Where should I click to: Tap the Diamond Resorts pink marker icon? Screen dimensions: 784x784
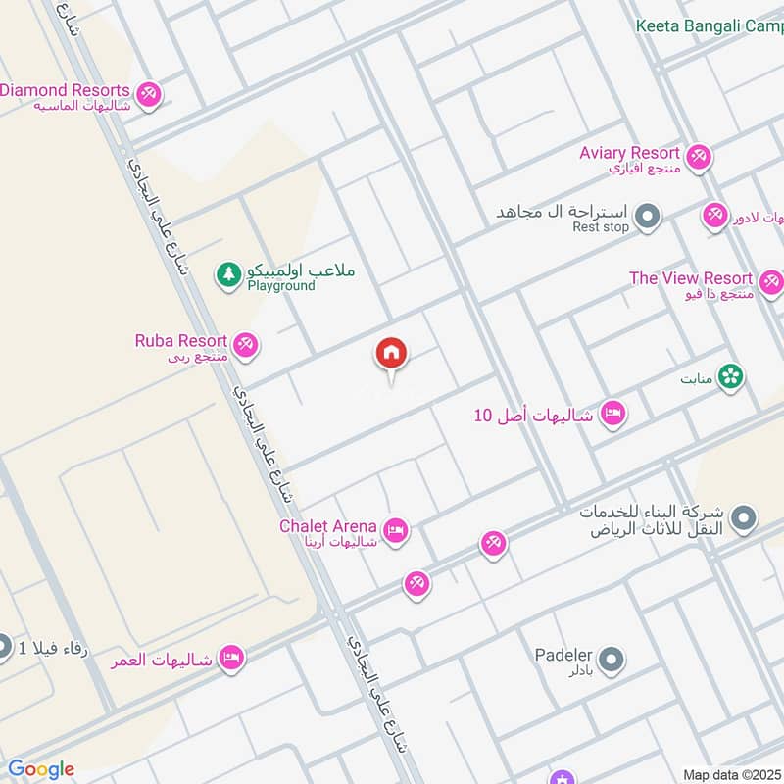point(149,94)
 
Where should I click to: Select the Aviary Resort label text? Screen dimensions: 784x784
point(629,153)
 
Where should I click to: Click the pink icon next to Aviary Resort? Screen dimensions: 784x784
point(698,156)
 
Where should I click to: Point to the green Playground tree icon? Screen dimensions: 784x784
point(228,274)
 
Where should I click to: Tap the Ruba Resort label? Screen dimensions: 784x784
point(181,341)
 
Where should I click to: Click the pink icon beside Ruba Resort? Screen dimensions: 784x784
point(245,344)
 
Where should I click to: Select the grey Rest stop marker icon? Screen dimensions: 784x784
point(646,217)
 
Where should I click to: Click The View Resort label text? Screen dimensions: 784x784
point(691,278)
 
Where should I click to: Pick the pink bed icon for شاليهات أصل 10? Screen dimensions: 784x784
point(613,414)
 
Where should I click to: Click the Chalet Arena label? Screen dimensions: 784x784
point(328,525)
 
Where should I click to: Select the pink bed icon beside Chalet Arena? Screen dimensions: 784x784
point(396,530)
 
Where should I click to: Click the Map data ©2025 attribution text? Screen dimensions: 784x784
point(731,774)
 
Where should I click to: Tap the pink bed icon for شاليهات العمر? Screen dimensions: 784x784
point(231,657)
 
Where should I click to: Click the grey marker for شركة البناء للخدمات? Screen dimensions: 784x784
point(744,518)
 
